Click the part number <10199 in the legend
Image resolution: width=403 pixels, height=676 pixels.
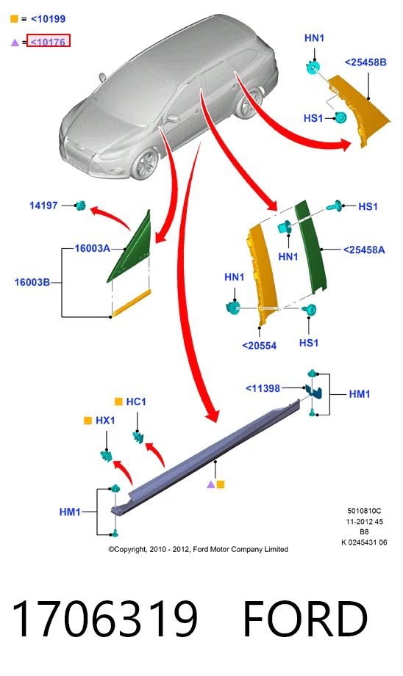click(48, 19)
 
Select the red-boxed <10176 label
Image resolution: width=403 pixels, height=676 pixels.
click(48, 42)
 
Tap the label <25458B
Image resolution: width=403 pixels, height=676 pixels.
click(365, 62)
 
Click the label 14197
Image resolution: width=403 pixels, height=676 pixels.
click(43, 206)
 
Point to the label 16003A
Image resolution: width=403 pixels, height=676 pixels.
click(92, 248)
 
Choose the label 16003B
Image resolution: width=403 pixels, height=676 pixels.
click(32, 283)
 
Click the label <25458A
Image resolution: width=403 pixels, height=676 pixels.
click(364, 250)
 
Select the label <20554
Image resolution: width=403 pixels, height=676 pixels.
click(259, 346)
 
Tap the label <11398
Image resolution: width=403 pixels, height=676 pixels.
click(263, 388)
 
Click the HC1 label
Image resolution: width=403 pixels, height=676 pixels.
click(136, 401)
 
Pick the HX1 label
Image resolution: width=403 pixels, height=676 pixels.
click(105, 421)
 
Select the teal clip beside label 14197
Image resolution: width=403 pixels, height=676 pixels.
click(81, 206)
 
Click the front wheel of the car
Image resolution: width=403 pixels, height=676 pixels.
click(145, 164)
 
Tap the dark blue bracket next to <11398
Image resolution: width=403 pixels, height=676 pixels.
click(315, 391)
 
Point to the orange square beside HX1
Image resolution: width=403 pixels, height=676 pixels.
click(88, 421)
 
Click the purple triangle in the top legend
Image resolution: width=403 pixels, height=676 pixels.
click(15, 43)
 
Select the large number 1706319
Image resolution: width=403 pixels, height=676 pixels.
click(104, 619)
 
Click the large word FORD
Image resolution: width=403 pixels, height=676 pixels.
click(305, 619)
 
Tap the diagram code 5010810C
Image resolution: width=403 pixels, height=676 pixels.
click(364, 511)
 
